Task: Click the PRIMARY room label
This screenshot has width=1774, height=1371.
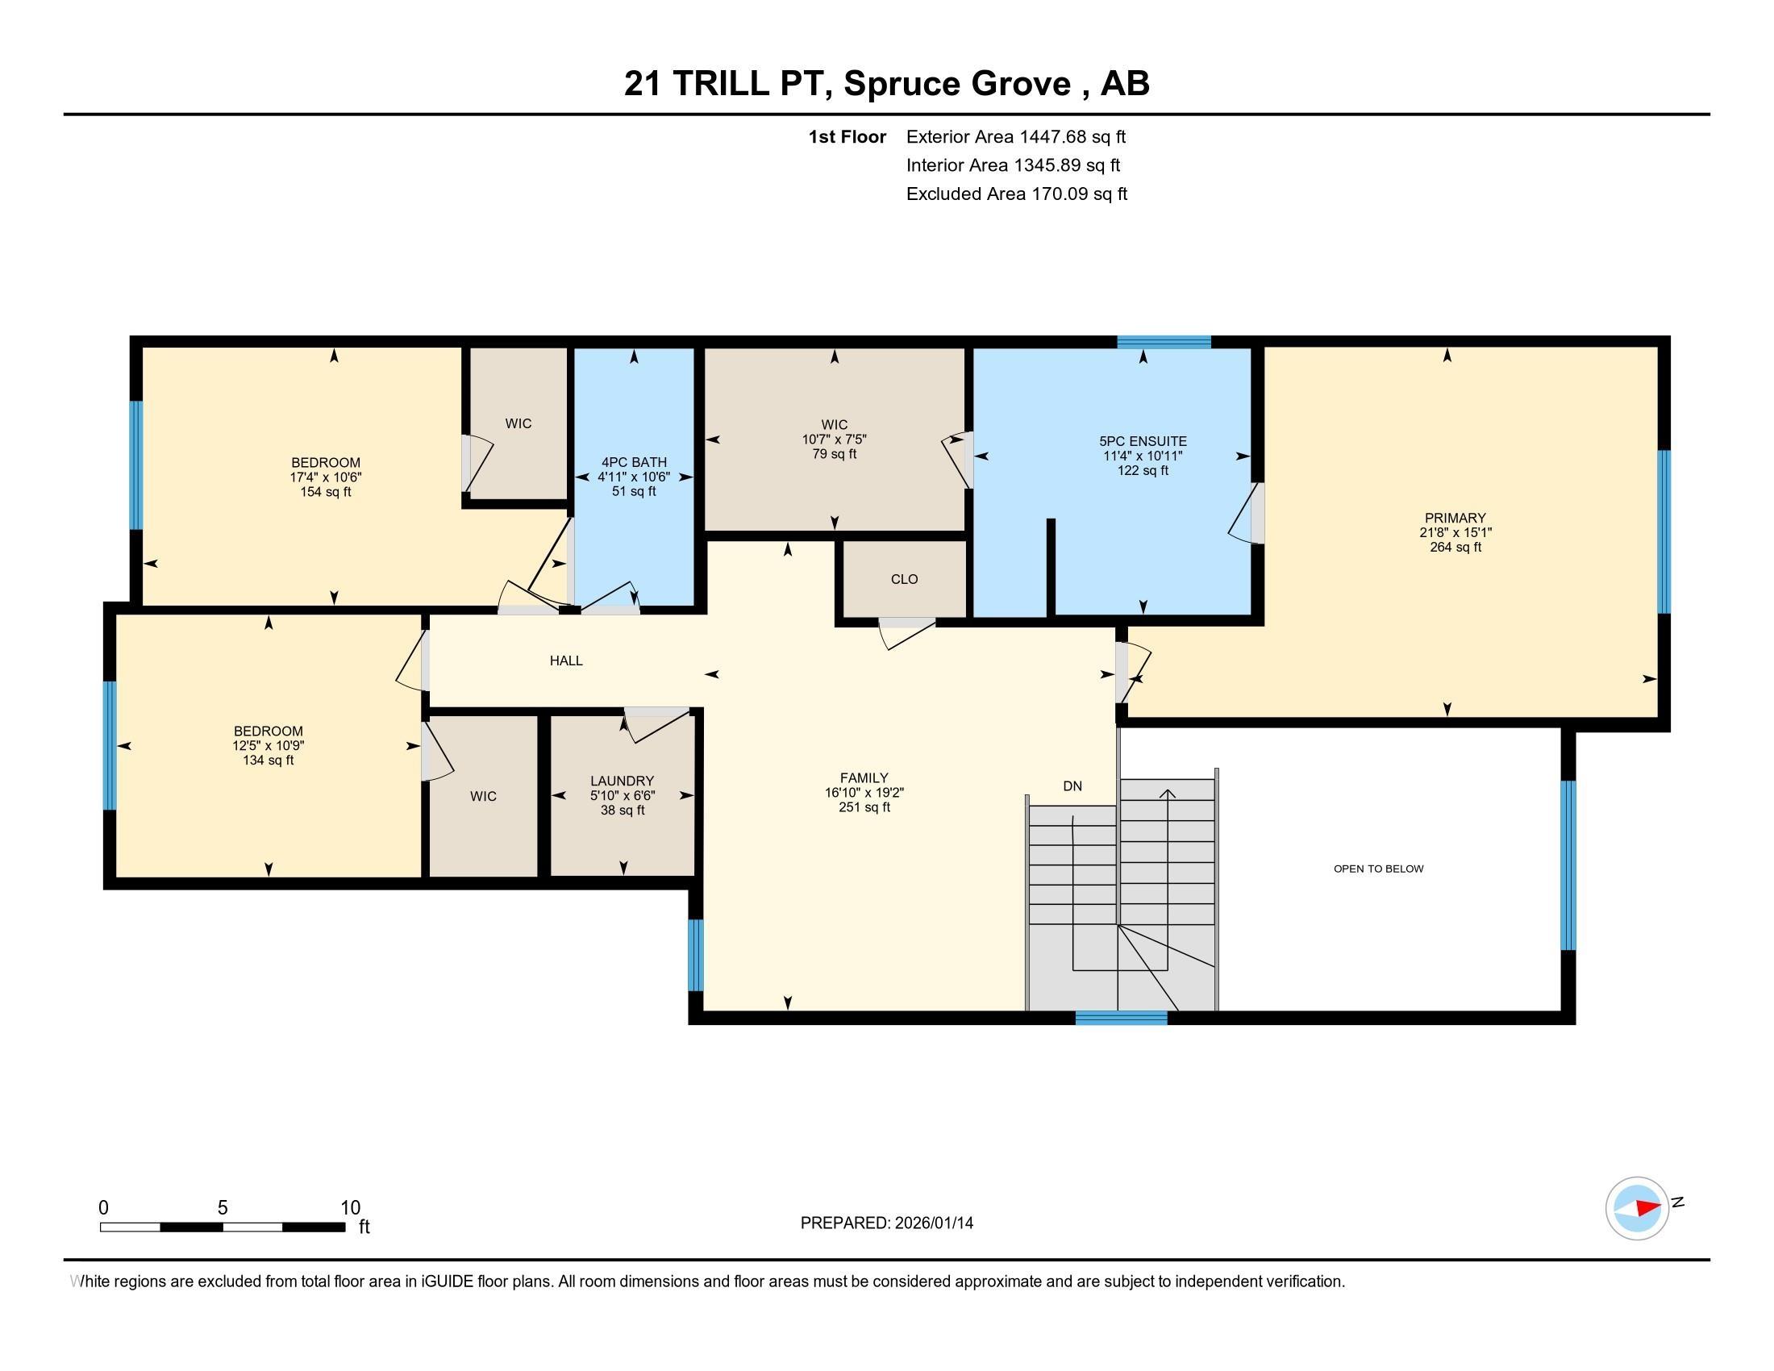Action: point(1455,519)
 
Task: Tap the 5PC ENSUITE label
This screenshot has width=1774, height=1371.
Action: point(1143,441)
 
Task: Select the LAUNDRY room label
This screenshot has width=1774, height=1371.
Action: point(623,781)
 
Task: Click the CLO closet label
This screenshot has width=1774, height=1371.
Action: point(904,579)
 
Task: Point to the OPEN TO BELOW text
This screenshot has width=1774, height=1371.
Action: point(1378,869)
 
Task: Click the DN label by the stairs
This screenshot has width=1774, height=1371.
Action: point(1072,786)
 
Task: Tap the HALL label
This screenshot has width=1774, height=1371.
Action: point(566,660)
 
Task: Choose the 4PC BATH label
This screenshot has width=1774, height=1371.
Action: point(634,462)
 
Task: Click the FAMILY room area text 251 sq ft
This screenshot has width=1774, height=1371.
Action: point(864,807)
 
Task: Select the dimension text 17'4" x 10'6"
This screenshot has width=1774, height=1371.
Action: point(326,477)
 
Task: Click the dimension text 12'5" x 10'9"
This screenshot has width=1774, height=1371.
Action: point(268,746)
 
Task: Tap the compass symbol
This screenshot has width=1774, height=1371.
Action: point(1637,1208)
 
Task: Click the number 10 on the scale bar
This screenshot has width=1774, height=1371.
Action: point(350,1208)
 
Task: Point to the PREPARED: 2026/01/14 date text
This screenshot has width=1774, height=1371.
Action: point(886,1223)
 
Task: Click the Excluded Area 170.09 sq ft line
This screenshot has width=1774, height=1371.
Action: point(1016,194)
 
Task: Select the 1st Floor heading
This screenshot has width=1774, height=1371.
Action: point(847,137)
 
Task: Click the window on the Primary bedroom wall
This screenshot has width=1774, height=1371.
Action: point(1663,531)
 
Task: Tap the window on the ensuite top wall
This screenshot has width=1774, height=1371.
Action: point(1163,342)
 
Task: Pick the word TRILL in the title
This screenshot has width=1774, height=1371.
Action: point(720,84)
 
